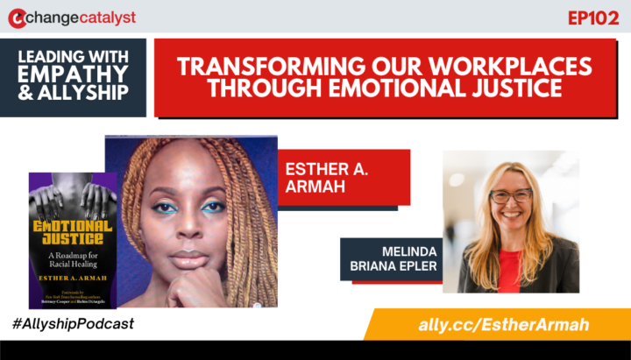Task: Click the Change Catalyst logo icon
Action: coord(17,18)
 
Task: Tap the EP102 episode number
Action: coord(593,18)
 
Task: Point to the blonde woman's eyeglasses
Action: coord(510,196)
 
